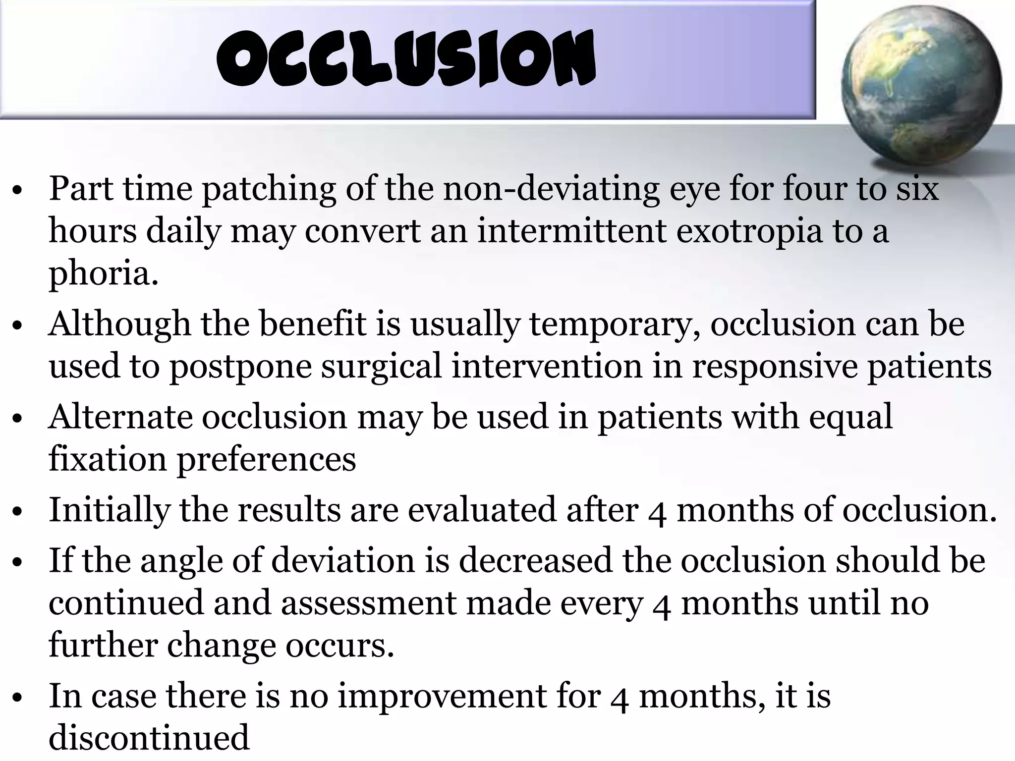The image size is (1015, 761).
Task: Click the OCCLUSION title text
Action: [406, 58]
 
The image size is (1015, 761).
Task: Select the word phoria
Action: [103, 274]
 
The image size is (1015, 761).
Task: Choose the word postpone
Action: [241, 367]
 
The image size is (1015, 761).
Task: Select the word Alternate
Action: [120, 417]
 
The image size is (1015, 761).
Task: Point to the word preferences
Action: [267, 459]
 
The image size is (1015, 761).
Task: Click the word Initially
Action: [109, 510]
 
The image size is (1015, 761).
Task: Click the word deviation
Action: [343, 560]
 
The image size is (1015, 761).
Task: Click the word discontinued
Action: [149, 738]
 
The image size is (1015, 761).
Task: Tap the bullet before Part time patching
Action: [18, 191]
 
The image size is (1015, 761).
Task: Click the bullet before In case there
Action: [18, 698]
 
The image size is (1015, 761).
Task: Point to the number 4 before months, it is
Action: [620, 698]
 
